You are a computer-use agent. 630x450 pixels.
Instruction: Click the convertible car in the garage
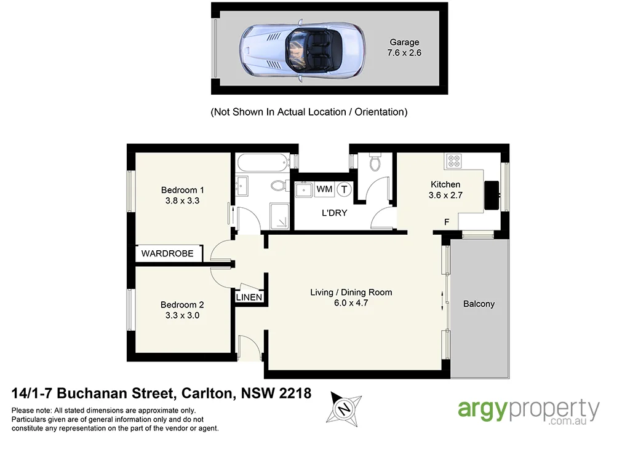[x=301, y=48]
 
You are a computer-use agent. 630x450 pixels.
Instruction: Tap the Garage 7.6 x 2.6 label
[x=404, y=48]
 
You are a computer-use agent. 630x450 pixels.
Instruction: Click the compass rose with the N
[x=345, y=407]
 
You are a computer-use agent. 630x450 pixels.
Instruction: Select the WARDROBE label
[x=167, y=253]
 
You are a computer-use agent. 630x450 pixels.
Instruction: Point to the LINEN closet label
[x=250, y=298]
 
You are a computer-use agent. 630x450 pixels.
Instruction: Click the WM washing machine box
[x=324, y=189]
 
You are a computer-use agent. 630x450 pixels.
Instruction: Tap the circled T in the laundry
[x=344, y=189]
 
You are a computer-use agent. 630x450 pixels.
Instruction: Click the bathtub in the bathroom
[x=261, y=163]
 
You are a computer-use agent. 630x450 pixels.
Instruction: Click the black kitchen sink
[x=493, y=195]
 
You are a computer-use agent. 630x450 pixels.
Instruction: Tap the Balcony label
[x=479, y=304]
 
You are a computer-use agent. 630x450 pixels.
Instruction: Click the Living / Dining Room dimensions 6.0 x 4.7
[x=351, y=303]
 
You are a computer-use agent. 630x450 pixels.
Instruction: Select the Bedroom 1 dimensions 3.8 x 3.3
[x=182, y=200]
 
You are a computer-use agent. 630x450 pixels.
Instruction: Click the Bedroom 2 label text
[x=182, y=304]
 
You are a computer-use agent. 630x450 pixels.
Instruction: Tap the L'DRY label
[x=335, y=213]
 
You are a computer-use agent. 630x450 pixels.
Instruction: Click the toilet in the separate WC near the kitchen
[x=374, y=162]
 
